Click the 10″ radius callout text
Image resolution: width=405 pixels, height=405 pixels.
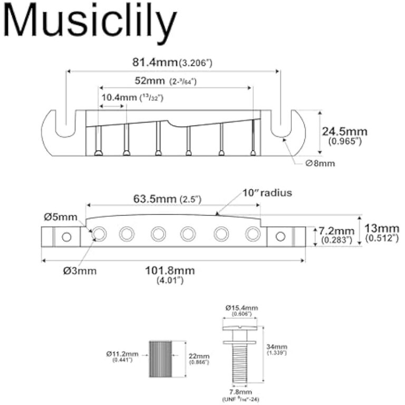(x=267, y=193)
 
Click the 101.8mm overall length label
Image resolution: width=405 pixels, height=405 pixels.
(x=170, y=271)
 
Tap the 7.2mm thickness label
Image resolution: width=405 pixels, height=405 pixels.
(x=338, y=232)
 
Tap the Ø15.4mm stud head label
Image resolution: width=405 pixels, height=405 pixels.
(x=242, y=308)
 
